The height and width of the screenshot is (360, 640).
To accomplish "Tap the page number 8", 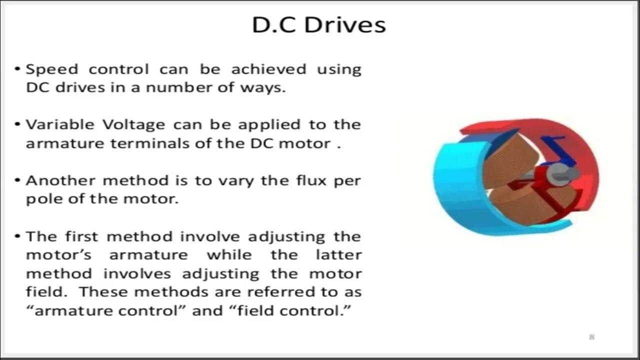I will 592,337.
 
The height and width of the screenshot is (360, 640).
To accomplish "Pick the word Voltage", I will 133,124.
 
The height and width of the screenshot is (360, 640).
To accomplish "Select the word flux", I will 308,180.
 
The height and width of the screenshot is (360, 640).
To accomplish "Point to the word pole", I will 41,199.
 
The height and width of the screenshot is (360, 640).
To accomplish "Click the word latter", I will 338,254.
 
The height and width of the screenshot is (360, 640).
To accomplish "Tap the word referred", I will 260,291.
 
